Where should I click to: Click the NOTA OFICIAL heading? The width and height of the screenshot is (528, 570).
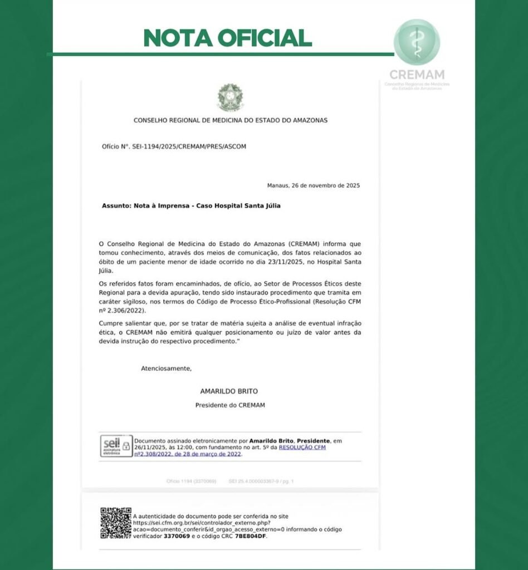click(227, 37)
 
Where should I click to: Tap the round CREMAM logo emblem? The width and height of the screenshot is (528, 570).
click(417, 42)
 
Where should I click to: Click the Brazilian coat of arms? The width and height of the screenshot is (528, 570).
click(230, 97)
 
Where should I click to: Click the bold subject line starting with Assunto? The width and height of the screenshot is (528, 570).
click(191, 205)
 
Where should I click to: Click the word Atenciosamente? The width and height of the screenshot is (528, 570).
click(166, 368)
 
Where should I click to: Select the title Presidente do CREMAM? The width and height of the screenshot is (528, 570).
click(230, 405)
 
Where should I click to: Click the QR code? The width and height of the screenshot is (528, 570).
click(115, 523)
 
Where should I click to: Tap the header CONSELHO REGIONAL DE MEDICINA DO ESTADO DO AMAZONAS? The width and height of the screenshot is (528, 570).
click(231, 120)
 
